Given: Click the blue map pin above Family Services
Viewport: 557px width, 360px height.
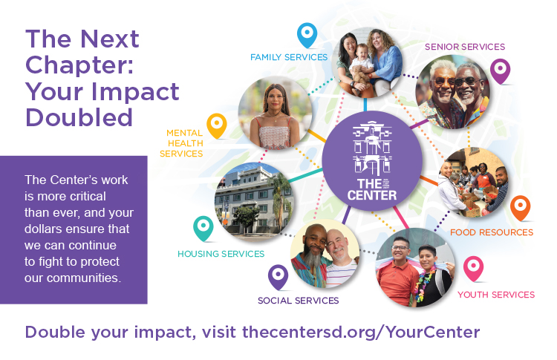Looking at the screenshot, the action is click(307, 35).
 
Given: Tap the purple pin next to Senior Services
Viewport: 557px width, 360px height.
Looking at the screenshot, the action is click(500, 71).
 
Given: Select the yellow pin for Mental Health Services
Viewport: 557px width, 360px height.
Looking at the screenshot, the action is click(217, 125).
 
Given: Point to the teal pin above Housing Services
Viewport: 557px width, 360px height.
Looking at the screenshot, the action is click(203, 228).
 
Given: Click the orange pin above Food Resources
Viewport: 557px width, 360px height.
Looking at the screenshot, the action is click(521, 207).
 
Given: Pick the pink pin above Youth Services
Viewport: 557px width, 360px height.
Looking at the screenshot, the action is click(474, 268).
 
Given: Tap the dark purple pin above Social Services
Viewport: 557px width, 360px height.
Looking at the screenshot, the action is click(278, 277).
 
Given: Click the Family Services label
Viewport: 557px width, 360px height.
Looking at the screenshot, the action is click(289, 57).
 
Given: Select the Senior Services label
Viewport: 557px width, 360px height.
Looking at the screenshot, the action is click(465, 47).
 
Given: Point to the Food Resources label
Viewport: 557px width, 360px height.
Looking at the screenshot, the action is click(492, 232).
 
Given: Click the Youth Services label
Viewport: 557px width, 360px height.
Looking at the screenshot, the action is click(496, 295).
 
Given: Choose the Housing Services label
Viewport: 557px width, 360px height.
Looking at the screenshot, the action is click(221, 254).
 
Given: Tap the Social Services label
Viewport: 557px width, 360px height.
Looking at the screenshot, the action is click(298, 301).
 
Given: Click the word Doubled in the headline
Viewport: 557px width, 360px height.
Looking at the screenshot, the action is click(79, 118).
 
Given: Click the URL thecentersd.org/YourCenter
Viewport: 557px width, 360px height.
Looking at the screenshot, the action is click(361, 333).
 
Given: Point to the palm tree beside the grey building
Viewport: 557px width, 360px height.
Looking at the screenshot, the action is click(280, 200).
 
